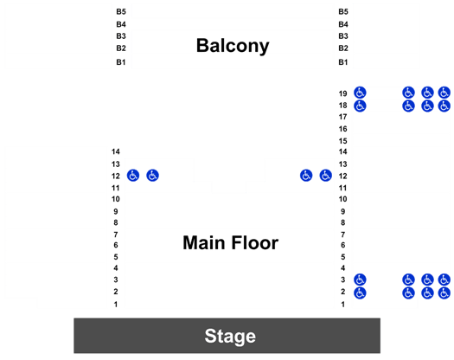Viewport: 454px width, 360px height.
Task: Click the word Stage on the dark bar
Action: [230, 336]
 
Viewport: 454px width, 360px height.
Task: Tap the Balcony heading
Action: [233, 46]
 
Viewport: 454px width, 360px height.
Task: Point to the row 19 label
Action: [342, 93]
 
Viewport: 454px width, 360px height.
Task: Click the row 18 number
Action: [342, 106]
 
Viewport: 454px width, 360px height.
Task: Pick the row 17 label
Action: [342, 117]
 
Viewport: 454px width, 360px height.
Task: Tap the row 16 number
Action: [342, 129]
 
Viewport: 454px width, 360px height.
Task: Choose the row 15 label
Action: [342, 141]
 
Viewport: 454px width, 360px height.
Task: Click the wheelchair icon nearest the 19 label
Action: [360, 93]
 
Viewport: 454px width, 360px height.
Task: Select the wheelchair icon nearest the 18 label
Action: [360, 106]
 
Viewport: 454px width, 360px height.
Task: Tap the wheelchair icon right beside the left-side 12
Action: [133, 176]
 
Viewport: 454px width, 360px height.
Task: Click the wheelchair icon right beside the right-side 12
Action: [325, 176]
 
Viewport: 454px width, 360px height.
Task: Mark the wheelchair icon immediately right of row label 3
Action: [360, 280]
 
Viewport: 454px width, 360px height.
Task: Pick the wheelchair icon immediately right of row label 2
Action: [360, 293]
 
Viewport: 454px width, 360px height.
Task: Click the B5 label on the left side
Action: [121, 11]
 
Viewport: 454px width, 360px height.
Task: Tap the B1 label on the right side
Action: [343, 62]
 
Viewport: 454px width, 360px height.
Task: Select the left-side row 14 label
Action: [116, 151]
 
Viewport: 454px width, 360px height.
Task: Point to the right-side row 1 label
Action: [342, 305]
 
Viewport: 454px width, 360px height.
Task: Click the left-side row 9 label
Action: [116, 212]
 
